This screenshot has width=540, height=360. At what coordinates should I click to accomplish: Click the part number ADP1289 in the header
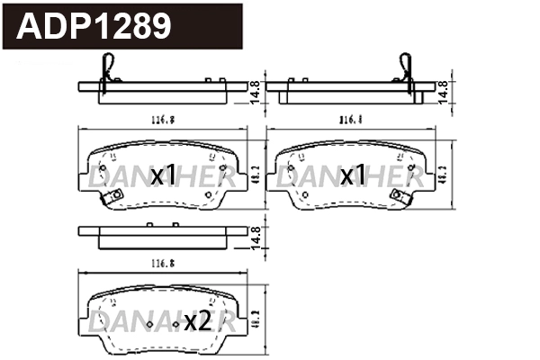click(x=94, y=27)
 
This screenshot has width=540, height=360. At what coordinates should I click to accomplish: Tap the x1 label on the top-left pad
click(x=163, y=175)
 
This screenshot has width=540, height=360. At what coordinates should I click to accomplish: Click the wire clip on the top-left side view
click(x=109, y=70)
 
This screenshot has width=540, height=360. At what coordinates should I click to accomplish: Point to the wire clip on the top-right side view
click(x=404, y=70)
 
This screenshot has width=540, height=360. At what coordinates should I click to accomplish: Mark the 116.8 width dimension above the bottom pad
click(x=158, y=265)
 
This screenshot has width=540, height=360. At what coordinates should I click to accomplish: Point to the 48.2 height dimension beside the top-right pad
click(x=442, y=175)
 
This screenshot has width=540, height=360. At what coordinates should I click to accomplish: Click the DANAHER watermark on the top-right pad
click(x=348, y=179)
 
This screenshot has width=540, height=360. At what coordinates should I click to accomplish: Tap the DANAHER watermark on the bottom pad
click(x=162, y=322)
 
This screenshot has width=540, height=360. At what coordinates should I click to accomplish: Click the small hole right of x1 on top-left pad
click(x=209, y=193)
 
